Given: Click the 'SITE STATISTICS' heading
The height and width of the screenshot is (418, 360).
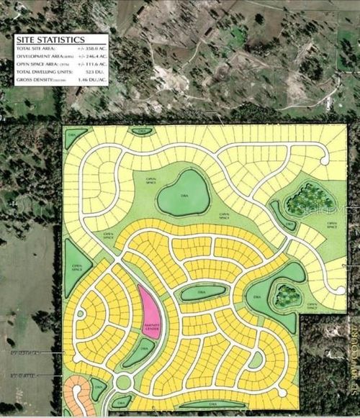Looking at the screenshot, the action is pyautogui.click(x=49, y=39).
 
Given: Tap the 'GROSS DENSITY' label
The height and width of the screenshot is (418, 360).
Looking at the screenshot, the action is pyautogui.click(x=34, y=80).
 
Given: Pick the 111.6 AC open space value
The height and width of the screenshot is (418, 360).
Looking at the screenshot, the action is pyautogui.click(x=88, y=64).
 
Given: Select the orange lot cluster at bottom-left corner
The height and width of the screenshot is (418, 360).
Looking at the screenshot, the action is pyautogui.click(x=78, y=394).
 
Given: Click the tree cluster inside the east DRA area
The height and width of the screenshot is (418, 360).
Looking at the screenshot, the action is pyautogui.click(x=287, y=295).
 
